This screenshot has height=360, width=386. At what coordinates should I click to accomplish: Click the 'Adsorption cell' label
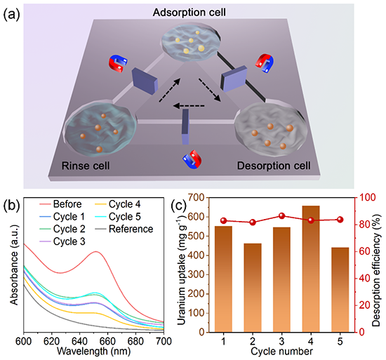[189, 13]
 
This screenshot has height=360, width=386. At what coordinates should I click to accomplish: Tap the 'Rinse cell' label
[86, 166]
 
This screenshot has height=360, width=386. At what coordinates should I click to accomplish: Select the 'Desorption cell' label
[274, 166]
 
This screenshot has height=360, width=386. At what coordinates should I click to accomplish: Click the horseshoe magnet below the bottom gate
[192, 159]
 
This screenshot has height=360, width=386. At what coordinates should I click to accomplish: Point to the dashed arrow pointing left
[189, 106]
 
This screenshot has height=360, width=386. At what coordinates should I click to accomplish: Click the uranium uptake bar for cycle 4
[311, 269]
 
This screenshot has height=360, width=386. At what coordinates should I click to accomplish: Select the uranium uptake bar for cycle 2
[253, 288]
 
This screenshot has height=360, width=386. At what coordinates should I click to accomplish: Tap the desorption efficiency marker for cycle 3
[282, 216]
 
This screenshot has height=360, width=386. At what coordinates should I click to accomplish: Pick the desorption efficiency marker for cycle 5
[340, 220]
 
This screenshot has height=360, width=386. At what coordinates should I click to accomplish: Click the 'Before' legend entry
[60, 204]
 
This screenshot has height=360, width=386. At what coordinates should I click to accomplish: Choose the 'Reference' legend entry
[124, 229]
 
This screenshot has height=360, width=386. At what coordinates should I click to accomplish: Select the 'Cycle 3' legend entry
[62, 241]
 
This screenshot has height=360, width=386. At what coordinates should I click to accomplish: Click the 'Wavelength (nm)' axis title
[93, 351]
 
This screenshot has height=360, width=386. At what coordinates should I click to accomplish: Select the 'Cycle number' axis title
[281, 351]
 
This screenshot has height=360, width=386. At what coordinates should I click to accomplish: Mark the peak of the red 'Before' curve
[96, 251]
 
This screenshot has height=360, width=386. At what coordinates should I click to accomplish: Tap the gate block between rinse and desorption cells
[185, 127]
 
